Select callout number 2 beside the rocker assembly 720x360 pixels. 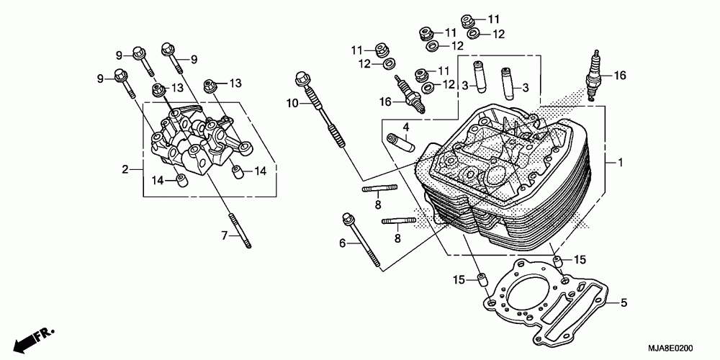125,170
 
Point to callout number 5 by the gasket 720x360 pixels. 624,303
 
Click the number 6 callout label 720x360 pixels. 343,244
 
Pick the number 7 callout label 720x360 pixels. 223,235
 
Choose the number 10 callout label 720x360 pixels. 292,104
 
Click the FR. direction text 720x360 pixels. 44,334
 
